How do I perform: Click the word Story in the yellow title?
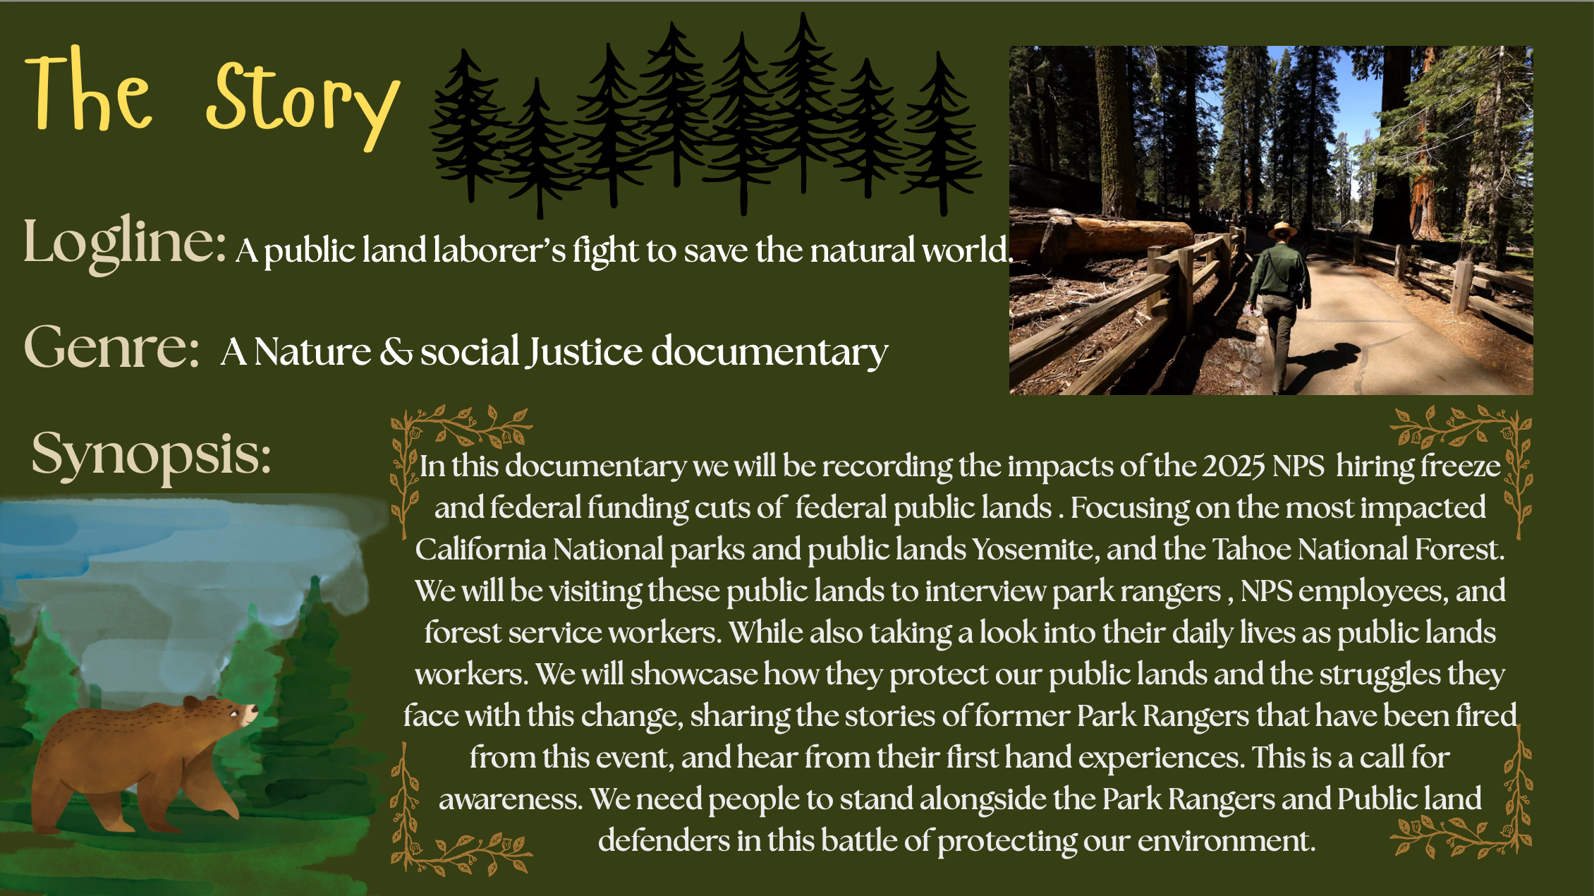pos(303,104)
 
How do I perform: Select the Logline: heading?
pos(125,243)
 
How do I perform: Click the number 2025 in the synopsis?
pos(1234,466)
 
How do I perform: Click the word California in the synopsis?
pos(480,550)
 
